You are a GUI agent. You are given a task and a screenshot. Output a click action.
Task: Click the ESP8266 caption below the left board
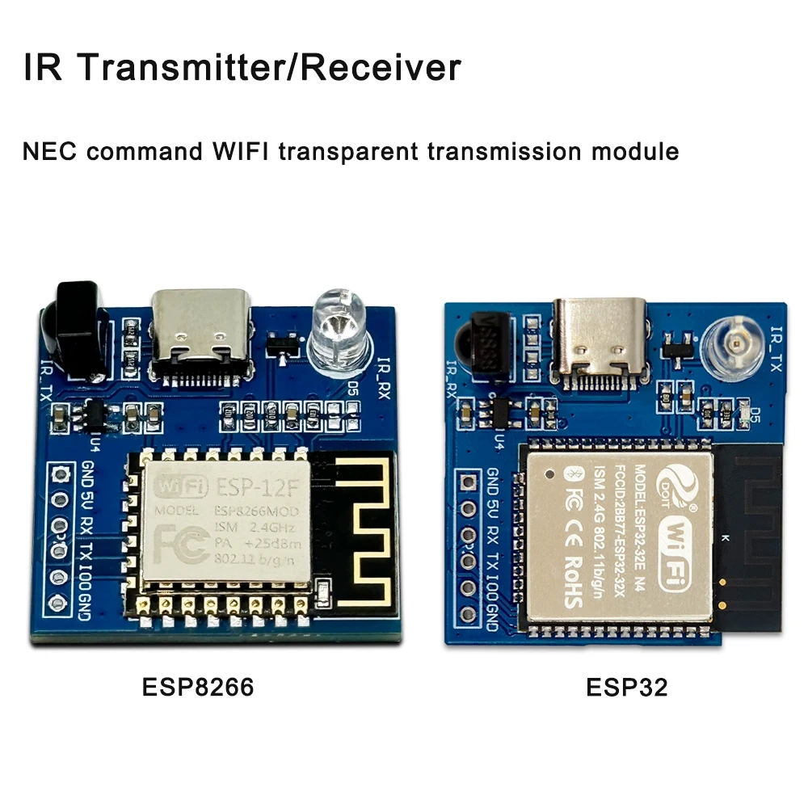coord(198,688)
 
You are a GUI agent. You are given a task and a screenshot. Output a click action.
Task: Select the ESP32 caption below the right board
coord(627,688)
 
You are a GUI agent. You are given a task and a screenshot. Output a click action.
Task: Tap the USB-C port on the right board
coord(600,338)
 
